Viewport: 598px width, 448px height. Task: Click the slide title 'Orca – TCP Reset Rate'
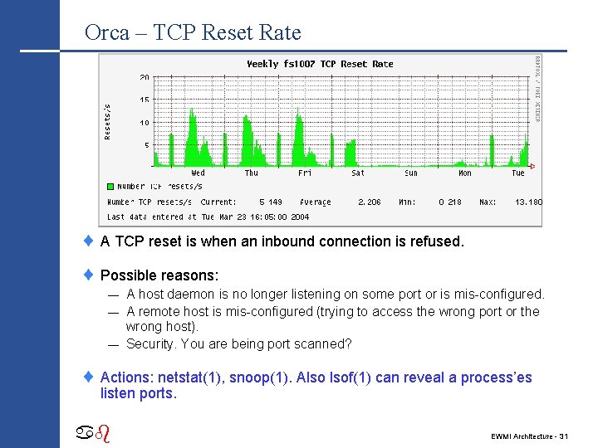[193, 32]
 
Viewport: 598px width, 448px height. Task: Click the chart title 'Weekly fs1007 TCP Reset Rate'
[320, 64]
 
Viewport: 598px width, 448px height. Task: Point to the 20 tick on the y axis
[144, 77]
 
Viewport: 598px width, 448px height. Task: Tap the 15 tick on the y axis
[144, 100]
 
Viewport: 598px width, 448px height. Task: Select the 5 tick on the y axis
[146, 145]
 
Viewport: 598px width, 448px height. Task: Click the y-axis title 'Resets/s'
[107, 121]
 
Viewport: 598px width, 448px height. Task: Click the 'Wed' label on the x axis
[198, 173]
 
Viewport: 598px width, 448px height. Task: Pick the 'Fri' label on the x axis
[305, 173]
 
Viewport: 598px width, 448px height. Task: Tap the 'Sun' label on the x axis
[411, 173]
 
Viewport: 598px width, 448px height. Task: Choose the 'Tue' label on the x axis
[517, 173]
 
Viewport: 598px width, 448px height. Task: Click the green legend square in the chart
[110, 187]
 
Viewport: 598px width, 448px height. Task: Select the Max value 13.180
[528, 202]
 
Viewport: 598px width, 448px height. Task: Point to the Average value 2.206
[370, 202]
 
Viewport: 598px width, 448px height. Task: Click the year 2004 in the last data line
[299, 217]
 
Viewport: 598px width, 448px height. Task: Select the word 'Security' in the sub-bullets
[152, 343]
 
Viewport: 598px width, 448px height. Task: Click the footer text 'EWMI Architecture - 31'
[529, 436]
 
